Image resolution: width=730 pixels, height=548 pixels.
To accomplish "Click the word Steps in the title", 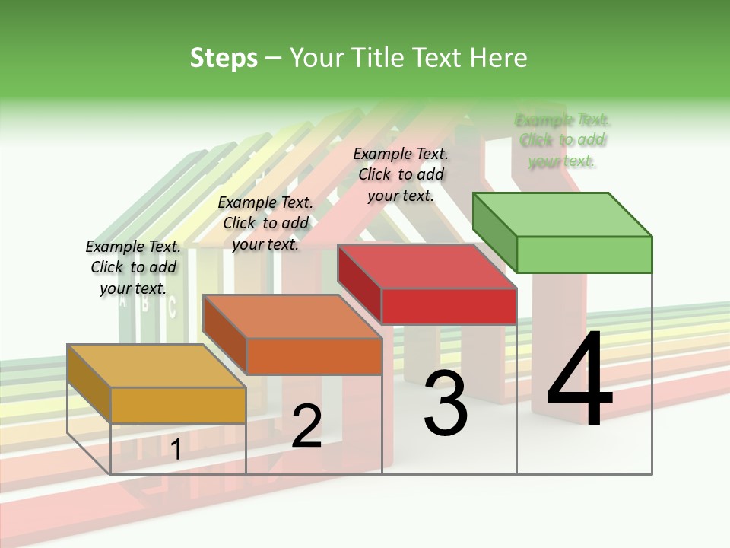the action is point(224,58).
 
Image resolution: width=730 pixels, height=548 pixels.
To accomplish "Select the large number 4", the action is point(579,379).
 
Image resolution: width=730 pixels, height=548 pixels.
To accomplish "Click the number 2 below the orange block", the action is point(306,426).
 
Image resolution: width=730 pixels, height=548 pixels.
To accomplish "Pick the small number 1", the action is point(176,450).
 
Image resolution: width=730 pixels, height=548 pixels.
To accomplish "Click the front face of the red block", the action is point(449,306).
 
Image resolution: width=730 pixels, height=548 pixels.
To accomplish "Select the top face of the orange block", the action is point(292,317).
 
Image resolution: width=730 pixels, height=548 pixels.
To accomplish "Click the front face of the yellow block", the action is point(178,405).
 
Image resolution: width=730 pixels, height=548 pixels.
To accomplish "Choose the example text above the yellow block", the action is point(133,267).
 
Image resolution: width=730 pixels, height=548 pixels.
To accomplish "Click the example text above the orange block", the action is point(265,223).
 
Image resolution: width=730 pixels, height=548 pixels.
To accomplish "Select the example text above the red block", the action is point(401,174).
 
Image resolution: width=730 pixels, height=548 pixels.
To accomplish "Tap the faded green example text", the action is point(563,140).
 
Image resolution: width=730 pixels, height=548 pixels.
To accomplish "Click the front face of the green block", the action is point(584,254).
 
